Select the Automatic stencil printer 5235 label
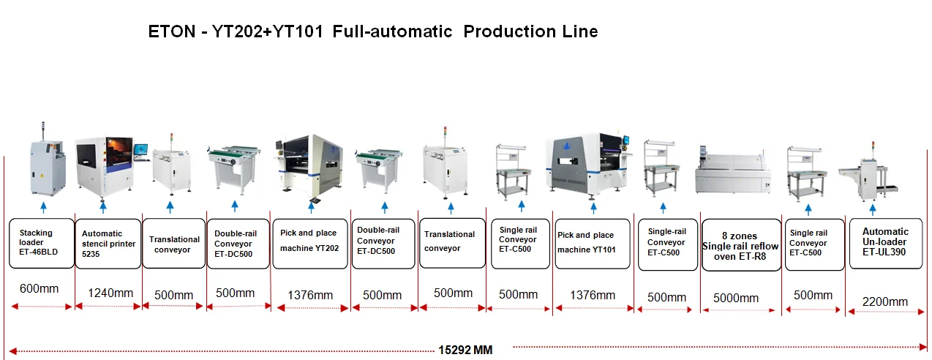(x=108, y=244)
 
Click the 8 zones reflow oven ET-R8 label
(x=740, y=245)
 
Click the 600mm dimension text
(x=39, y=288)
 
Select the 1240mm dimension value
(x=110, y=293)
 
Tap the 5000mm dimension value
(x=736, y=298)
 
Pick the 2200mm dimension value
(x=885, y=301)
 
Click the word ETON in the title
(x=173, y=32)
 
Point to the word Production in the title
(x=503, y=32)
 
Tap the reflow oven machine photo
(x=734, y=173)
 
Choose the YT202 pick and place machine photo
(x=309, y=165)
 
